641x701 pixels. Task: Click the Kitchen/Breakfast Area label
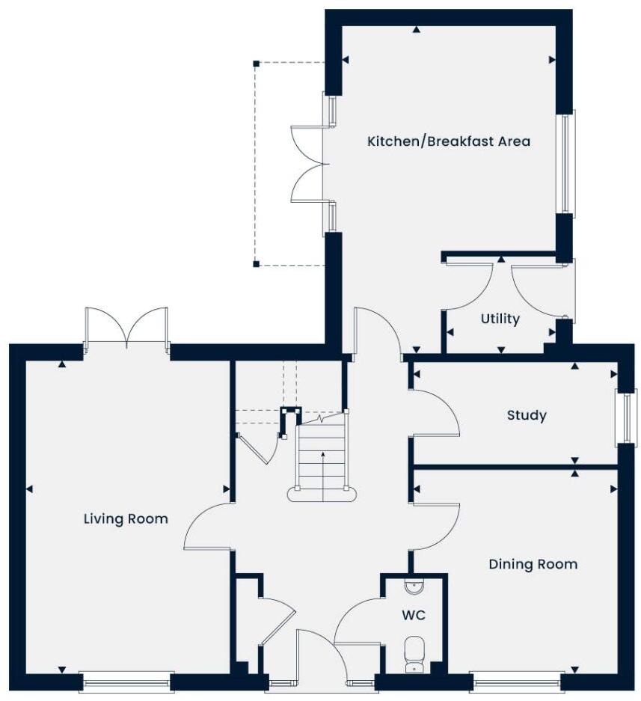tap(448, 141)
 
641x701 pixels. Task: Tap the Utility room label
tap(500, 319)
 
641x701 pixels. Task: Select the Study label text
tap(526, 415)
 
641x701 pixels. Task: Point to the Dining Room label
tap(533, 564)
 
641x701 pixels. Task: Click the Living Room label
tap(126, 518)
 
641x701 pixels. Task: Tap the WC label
tap(414, 615)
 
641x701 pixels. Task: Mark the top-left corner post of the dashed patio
tap(256, 64)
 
